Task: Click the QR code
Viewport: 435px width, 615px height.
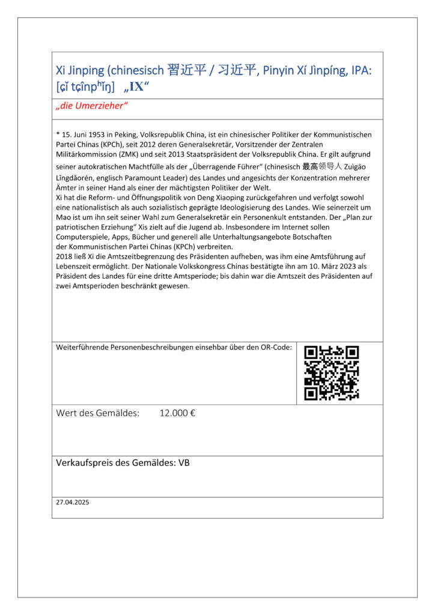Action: pos(332,373)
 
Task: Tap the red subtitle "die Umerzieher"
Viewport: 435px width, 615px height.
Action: pos(92,106)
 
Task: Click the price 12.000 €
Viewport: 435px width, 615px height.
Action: pos(177,413)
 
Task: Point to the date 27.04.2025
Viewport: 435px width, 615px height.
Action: pos(72,502)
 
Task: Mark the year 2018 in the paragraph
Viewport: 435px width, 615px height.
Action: pos(64,256)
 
